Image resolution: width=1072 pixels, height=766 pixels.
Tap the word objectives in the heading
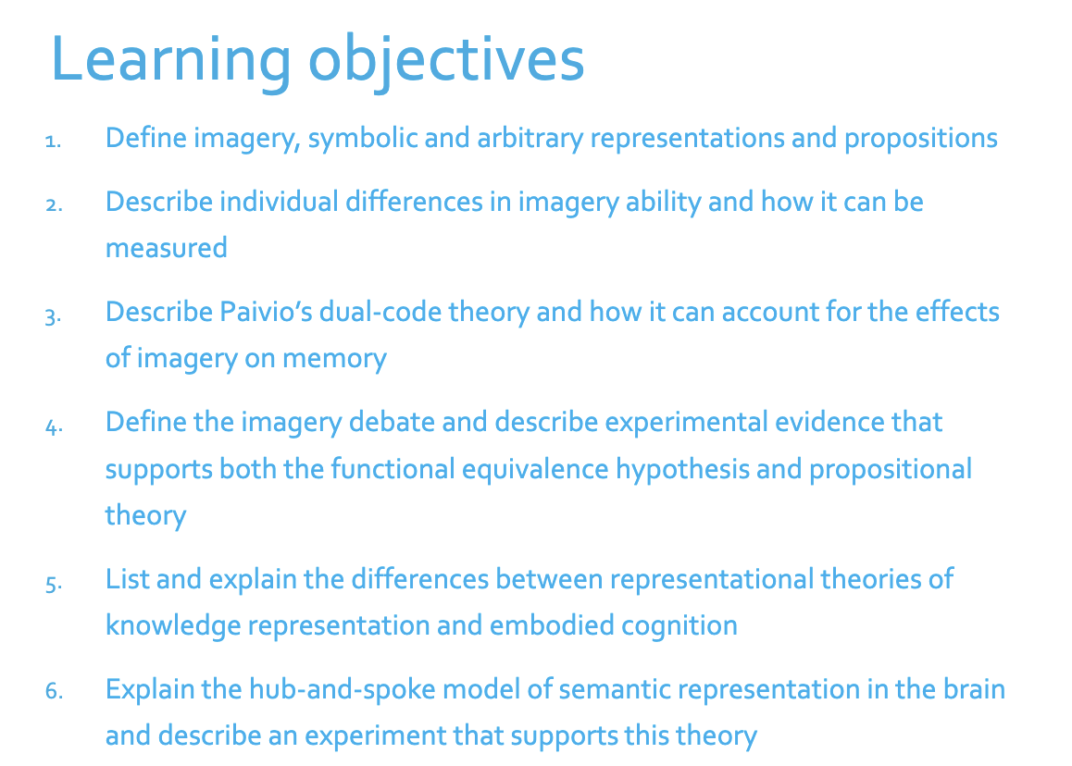[446, 60]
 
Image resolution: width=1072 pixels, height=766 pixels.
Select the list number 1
[53, 142]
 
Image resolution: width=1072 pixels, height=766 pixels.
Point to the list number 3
[53, 315]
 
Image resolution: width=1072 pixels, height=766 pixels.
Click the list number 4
[53, 426]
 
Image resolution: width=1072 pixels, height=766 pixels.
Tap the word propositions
[920, 138]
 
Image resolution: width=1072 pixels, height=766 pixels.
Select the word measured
[166, 247]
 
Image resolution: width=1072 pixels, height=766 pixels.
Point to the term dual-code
[380, 311]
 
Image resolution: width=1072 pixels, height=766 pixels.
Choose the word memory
[334, 358]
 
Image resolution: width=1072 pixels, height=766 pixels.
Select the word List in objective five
[126, 579]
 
